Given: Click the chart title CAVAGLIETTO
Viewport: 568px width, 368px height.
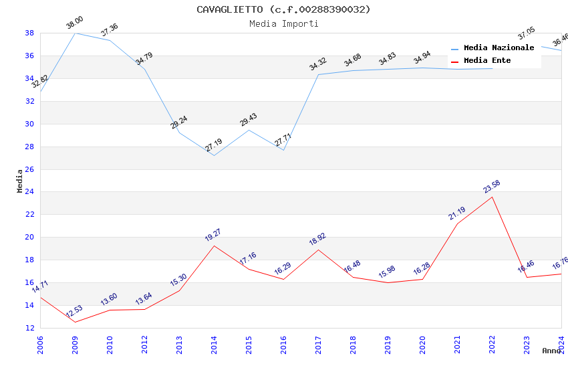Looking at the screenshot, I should (x=283, y=9).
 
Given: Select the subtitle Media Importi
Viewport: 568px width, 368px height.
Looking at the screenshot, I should (x=283, y=24).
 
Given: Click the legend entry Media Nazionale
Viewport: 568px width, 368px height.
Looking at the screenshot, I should (x=499, y=48).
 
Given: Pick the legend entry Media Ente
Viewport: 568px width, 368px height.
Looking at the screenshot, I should (x=487, y=61).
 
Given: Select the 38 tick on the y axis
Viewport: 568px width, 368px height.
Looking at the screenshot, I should (x=30, y=33).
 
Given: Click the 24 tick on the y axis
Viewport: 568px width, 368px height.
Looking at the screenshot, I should (x=30, y=192).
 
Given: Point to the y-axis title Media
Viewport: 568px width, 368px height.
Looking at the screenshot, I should (x=20, y=181).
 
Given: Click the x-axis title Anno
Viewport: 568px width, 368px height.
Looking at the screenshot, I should (x=551, y=351).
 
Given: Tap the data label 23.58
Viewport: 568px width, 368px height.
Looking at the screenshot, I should (x=492, y=187).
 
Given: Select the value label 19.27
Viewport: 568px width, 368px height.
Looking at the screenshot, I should (x=213, y=235).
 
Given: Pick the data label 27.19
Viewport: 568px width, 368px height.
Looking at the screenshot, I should (x=214, y=146).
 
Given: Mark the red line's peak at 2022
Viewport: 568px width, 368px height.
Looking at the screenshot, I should (x=492, y=197).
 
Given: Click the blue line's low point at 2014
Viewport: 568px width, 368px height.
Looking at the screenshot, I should (x=214, y=156).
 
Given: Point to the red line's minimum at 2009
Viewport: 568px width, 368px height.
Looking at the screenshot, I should (x=75, y=322).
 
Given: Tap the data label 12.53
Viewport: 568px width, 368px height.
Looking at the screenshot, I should (x=74, y=311).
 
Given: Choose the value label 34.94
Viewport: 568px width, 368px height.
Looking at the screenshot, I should (x=422, y=58).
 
